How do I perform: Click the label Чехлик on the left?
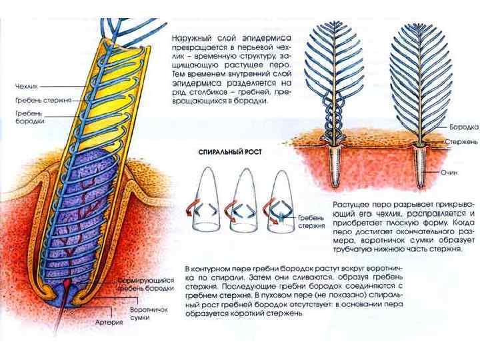27,86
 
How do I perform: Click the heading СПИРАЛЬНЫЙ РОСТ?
230,151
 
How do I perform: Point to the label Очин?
448,172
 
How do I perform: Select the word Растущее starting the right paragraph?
349,200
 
